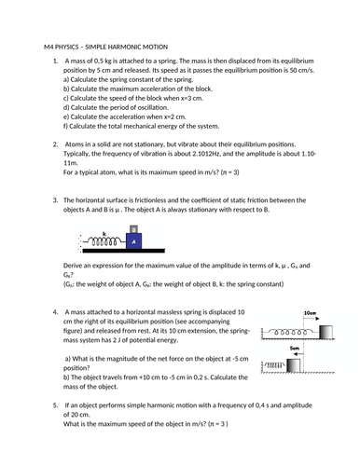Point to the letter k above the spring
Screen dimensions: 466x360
pyautogui.click(x=104, y=233)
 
